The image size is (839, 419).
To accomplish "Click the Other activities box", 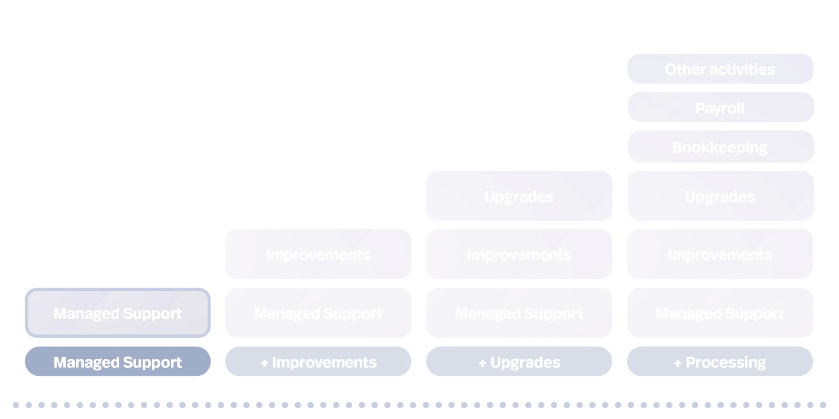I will tap(720, 69).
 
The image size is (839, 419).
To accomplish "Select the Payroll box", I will tap(720, 108).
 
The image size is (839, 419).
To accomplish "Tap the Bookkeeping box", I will tap(720, 147).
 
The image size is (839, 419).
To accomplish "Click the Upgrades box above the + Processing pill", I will tap(720, 196).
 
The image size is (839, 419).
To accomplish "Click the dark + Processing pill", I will tap(720, 362).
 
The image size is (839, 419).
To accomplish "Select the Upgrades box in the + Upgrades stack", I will tap(519, 196).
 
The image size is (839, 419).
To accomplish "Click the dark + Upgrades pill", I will tap(519, 362).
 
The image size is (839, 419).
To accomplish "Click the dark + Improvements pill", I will tap(318, 362).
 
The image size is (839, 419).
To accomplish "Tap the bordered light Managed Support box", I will tap(117, 313).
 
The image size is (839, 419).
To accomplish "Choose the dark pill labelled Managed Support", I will tap(117, 362).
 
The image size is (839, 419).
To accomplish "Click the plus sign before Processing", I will tap(678, 363).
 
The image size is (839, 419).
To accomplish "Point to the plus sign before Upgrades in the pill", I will tap(482, 363).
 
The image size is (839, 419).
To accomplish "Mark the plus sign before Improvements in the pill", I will tap(264, 363).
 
